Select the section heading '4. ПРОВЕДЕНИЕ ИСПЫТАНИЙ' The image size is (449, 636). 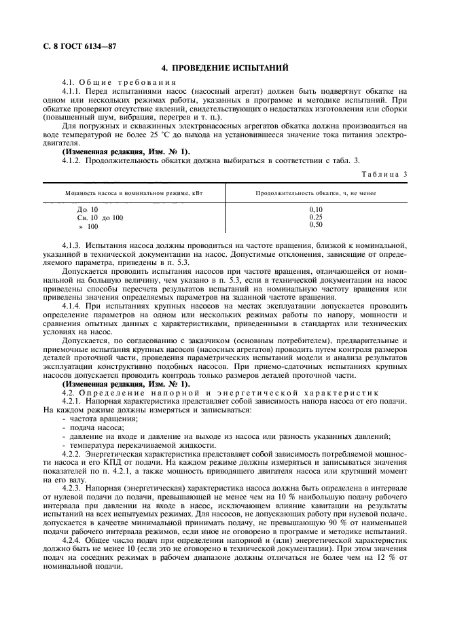pyautogui.click(x=224, y=68)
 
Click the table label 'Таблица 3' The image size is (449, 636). pyautogui.click(x=385, y=174)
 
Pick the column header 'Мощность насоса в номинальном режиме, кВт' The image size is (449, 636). pyautogui.click(x=134, y=193)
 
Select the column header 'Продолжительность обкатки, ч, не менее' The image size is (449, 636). pyautogui.click(x=315, y=193)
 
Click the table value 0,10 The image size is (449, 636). pyautogui.click(x=316, y=210)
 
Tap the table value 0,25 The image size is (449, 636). pyautogui.click(x=316, y=217)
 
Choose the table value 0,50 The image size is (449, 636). pyautogui.click(x=316, y=225)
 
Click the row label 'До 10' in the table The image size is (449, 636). pyautogui.click(x=88, y=210)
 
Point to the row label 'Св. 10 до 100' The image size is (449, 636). pyautogui.click(x=100, y=218)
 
